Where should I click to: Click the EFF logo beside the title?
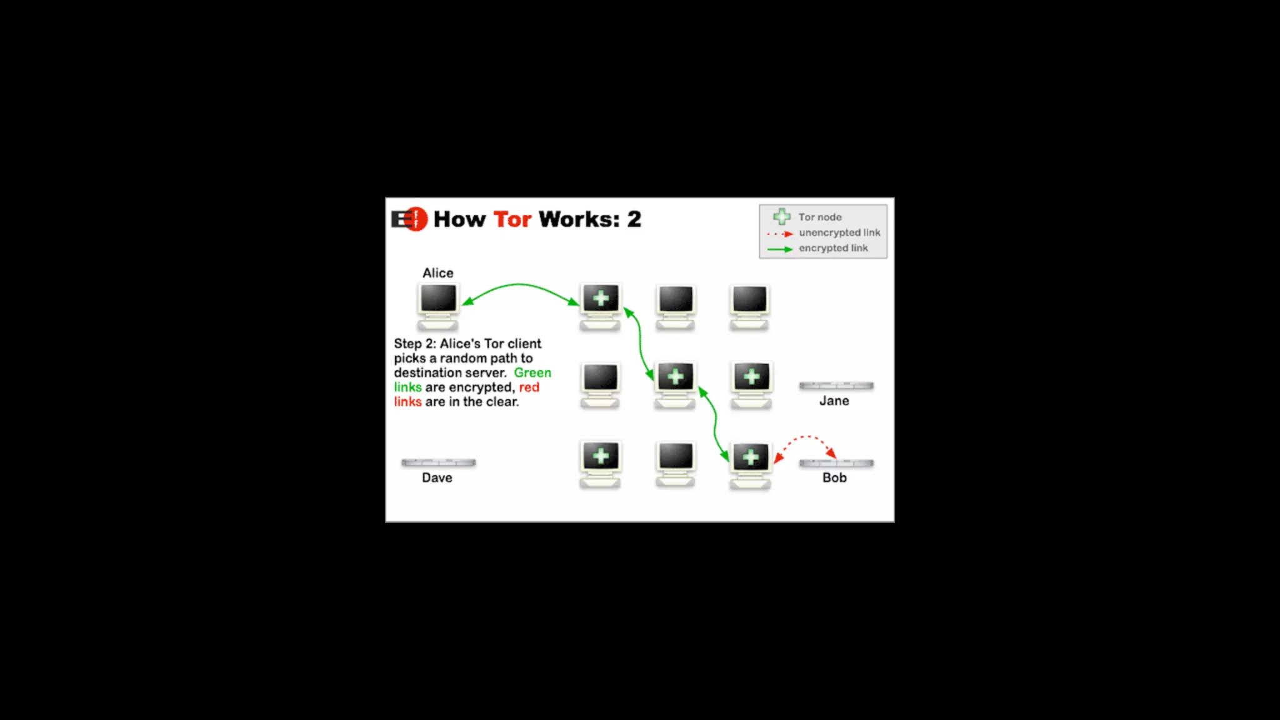pos(409,219)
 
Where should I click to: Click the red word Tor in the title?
pos(512,219)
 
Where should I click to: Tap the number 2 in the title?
pos(634,219)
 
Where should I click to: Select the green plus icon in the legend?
pos(781,217)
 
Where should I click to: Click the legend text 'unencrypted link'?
pos(839,232)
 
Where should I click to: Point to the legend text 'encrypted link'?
pos(832,248)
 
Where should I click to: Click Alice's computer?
pos(438,305)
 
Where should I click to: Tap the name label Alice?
pos(437,273)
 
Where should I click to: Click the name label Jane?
pos(834,401)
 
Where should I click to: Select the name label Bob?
pos(834,477)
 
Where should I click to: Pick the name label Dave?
pos(437,477)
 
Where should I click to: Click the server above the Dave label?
pos(438,462)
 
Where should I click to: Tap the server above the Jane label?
pos(836,386)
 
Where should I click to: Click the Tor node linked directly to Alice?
pos(601,305)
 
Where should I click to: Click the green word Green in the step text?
pos(532,372)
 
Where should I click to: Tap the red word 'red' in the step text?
pos(529,387)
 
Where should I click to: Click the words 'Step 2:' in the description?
pos(414,344)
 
